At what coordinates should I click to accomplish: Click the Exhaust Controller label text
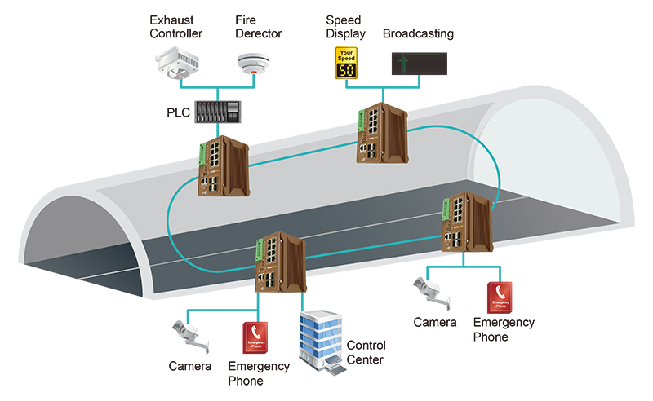click(176, 26)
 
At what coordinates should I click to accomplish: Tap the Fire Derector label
click(258, 26)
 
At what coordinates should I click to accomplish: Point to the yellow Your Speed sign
click(346, 64)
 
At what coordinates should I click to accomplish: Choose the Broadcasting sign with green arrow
click(419, 63)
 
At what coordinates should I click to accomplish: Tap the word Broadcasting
click(418, 33)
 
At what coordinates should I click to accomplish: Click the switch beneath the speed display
click(381, 134)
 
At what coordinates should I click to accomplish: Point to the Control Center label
click(366, 352)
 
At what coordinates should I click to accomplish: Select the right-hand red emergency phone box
click(500, 297)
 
